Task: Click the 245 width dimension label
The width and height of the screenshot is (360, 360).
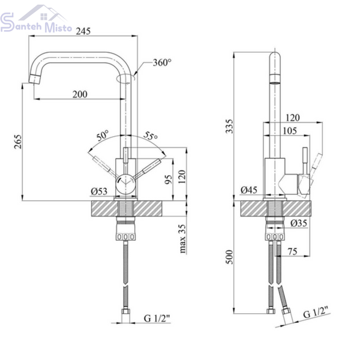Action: click(x=83, y=31)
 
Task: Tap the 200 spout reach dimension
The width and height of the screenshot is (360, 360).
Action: click(x=80, y=94)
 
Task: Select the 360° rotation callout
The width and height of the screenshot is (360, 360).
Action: click(x=162, y=62)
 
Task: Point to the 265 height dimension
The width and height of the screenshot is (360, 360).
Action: click(x=17, y=142)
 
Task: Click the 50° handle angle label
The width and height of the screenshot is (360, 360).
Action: click(x=103, y=136)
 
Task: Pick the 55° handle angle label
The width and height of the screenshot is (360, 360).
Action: click(x=151, y=136)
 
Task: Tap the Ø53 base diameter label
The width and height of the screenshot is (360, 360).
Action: click(x=99, y=191)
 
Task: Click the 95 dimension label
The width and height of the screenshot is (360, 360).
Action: click(x=168, y=179)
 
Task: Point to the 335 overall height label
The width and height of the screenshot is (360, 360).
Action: click(x=229, y=126)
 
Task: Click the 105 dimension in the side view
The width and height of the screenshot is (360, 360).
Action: click(x=290, y=131)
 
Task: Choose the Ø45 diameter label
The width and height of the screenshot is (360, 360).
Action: click(x=249, y=190)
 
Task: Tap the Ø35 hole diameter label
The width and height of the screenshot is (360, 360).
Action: click(x=299, y=223)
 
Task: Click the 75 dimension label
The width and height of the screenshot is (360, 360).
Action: click(x=293, y=251)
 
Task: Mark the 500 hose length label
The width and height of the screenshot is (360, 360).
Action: click(x=229, y=257)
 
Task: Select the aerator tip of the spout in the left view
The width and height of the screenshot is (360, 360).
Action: click(x=35, y=79)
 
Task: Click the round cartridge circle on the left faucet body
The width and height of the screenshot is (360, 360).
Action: click(x=125, y=184)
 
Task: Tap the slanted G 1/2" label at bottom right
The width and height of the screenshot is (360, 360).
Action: click(x=317, y=312)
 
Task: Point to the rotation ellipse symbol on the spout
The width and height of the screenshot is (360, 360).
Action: click(x=126, y=78)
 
